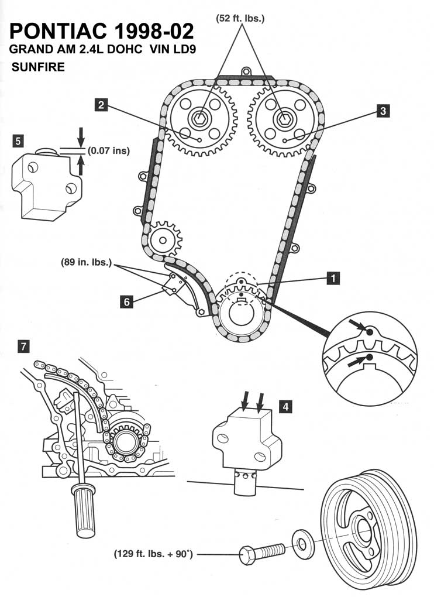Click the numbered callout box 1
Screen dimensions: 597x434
tap(333, 279)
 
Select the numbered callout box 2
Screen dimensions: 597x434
tap(102, 105)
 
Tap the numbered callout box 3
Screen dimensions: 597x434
tap(383, 110)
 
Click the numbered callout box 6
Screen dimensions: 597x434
tap(126, 301)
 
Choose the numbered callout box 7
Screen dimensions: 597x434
tap(24, 346)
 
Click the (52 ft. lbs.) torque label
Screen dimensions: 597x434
tap(240, 19)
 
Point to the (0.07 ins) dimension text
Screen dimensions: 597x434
tap(109, 150)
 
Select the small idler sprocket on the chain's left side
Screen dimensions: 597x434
tap(162, 239)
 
